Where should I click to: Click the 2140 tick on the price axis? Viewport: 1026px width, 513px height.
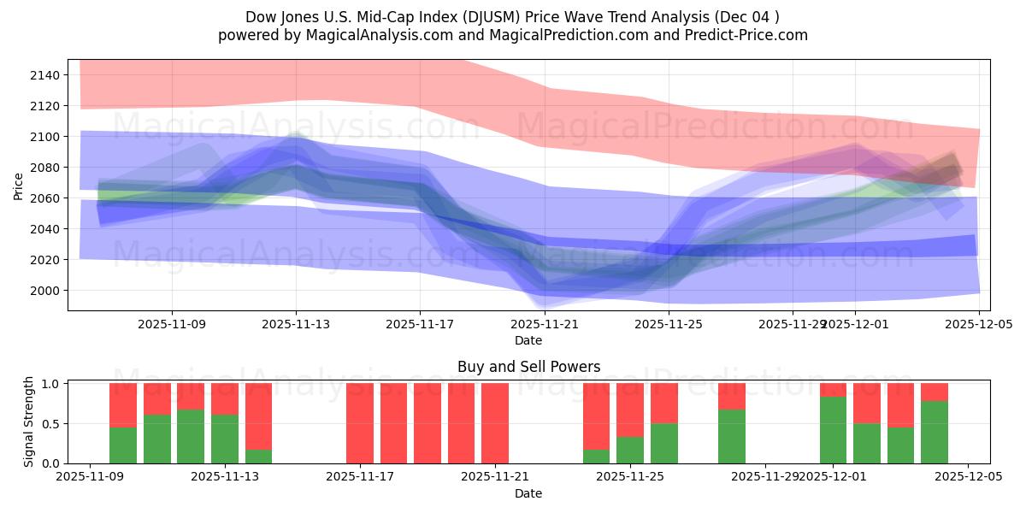pos(44,75)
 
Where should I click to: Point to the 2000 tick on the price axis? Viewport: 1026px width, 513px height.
pos(44,291)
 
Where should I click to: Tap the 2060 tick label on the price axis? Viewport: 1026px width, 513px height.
pos(44,198)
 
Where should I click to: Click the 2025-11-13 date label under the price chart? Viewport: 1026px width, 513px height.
pos(296,325)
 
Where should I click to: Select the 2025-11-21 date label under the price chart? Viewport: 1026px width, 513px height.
pos(545,325)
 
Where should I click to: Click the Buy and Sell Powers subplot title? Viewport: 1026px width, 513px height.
pos(528,367)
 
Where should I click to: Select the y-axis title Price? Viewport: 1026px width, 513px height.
pos(19,185)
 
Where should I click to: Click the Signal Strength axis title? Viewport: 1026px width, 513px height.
pos(29,422)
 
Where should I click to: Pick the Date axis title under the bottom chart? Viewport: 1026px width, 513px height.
pos(528,493)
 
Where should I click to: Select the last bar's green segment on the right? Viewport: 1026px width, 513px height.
pos(935,432)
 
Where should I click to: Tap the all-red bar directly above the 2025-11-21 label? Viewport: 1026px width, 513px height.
pos(495,423)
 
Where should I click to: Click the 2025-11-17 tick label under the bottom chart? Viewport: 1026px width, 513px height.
pos(360,477)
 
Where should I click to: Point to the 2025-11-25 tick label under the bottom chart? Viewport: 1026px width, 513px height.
pos(630,477)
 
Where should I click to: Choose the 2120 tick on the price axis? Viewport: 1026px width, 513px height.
pos(44,106)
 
